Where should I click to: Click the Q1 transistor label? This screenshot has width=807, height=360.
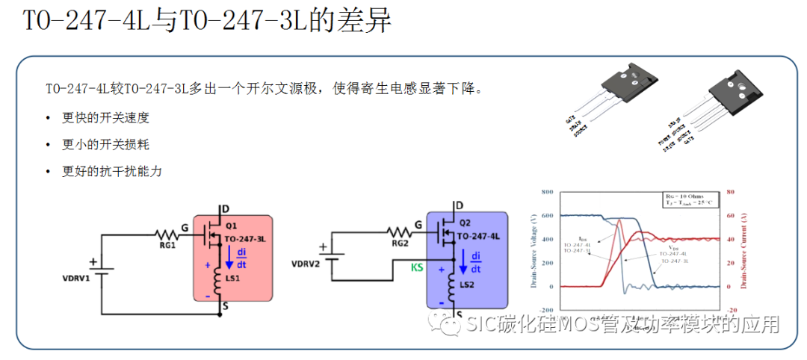tap(232, 224)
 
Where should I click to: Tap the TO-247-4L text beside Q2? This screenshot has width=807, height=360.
tap(479, 236)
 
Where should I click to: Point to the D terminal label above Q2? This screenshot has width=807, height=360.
tap(459, 205)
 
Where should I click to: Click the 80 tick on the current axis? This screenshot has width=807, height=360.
tap(732, 192)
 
